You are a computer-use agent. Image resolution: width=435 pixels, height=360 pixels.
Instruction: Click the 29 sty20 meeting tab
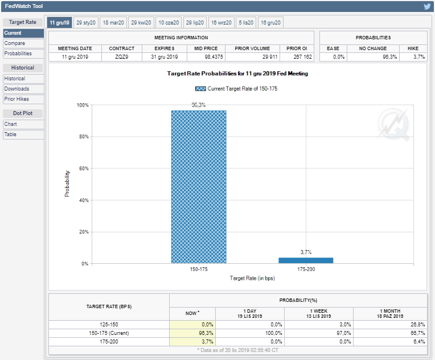(86, 22)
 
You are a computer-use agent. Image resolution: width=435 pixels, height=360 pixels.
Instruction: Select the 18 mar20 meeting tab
(113, 22)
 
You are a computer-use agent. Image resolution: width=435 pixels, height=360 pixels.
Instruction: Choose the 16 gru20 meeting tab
(270, 22)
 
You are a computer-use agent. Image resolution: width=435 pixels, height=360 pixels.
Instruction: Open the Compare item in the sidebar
(23, 43)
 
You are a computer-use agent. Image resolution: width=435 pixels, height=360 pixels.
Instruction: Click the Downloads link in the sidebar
(23, 89)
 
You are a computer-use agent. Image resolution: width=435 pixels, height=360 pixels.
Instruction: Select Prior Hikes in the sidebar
(23, 99)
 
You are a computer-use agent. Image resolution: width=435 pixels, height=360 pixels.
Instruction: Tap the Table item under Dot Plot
(23, 134)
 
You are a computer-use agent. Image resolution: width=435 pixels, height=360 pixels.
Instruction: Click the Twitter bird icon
(427, 6)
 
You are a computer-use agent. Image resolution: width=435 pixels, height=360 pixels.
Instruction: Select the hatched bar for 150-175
(199, 187)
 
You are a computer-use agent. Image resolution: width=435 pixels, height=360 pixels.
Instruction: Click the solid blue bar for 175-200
(306, 260)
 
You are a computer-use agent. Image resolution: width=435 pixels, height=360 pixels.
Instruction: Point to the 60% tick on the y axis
(84, 169)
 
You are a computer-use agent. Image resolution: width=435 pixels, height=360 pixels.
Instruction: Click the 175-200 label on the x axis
(306, 269)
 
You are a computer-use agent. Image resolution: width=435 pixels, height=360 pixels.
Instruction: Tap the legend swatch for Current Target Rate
(200, 88)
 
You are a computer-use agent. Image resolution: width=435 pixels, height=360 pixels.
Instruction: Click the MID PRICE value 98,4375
(214, 57)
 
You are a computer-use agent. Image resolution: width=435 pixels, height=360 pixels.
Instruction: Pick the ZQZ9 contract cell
(121, 57)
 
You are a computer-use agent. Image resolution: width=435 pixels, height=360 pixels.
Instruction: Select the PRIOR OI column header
(297, 48)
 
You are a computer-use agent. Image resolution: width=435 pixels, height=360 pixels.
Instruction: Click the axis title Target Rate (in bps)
(252, 278)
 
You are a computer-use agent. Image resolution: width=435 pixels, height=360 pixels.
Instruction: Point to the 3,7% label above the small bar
(306, 252)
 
